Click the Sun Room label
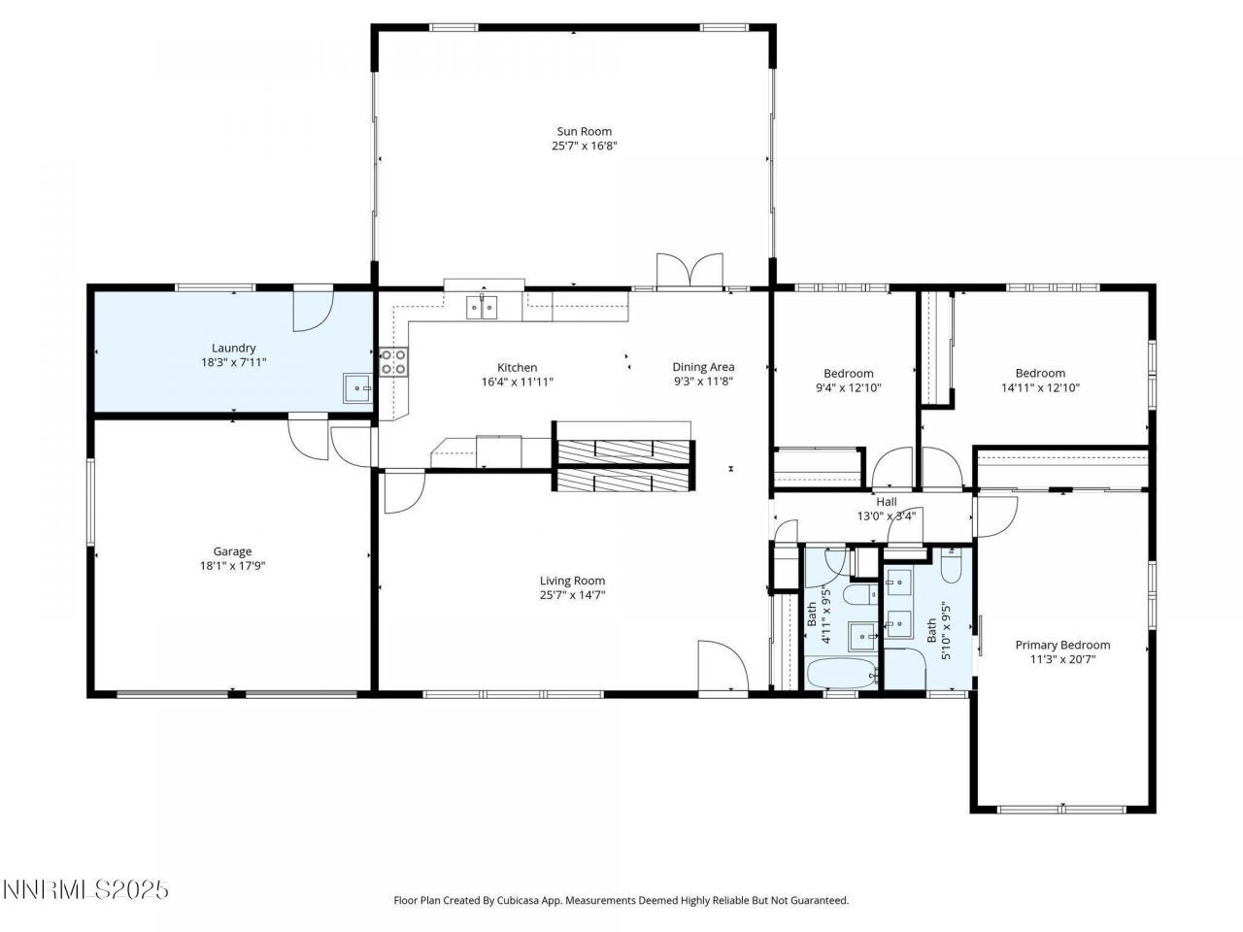[x=584, y=131]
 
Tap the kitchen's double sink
[x=483, y=308]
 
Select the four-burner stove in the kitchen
[x=393, y=362]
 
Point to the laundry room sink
[x=356, y=388]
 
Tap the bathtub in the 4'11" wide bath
[x=842, y=673]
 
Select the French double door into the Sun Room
[x=689, y=271]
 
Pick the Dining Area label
[x=703, y=367]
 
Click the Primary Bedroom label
[x=1062, y=645]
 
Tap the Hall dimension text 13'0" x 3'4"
[x=885, y=516]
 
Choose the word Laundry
[x=233, y=348]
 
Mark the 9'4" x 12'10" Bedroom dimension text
[x=848, y=387]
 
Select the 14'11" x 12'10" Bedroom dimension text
[x=1040, y=387]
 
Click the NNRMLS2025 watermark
[x=85, y=889]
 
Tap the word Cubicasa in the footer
[x=524, y=900]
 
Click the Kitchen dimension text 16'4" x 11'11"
[x=517, y=382]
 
